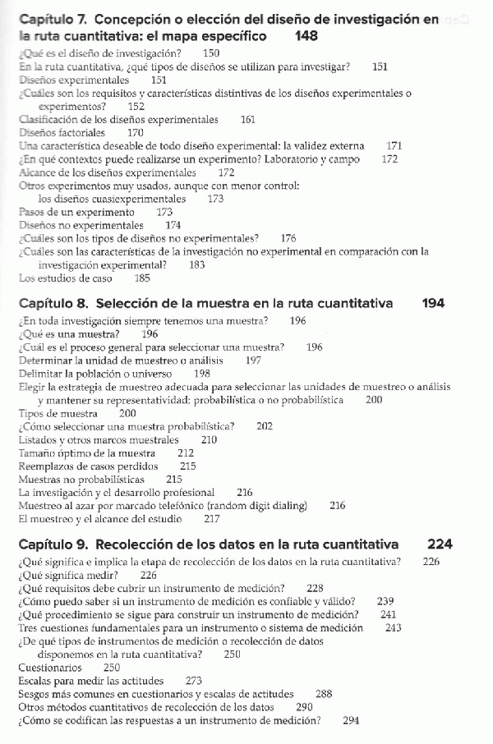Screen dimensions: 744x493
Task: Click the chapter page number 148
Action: [x=306, y=37]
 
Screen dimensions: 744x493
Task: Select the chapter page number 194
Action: [x=433, y=303]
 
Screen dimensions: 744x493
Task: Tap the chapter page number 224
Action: [x=440, y=544]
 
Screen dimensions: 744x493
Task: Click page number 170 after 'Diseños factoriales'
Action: [x=136, y=132]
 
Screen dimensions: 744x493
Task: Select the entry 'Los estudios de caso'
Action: [x=65, y=278]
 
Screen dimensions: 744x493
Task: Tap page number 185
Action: [x=142, y=278]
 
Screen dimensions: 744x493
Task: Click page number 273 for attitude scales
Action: [x=194, y=681]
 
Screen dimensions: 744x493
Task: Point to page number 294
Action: [x=351, y=720]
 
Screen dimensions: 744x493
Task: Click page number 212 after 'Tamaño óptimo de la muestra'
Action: [x=186, y=452]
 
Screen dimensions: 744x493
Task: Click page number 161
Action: [x=247, y=119]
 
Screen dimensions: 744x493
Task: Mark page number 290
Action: [x=304, y=707]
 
